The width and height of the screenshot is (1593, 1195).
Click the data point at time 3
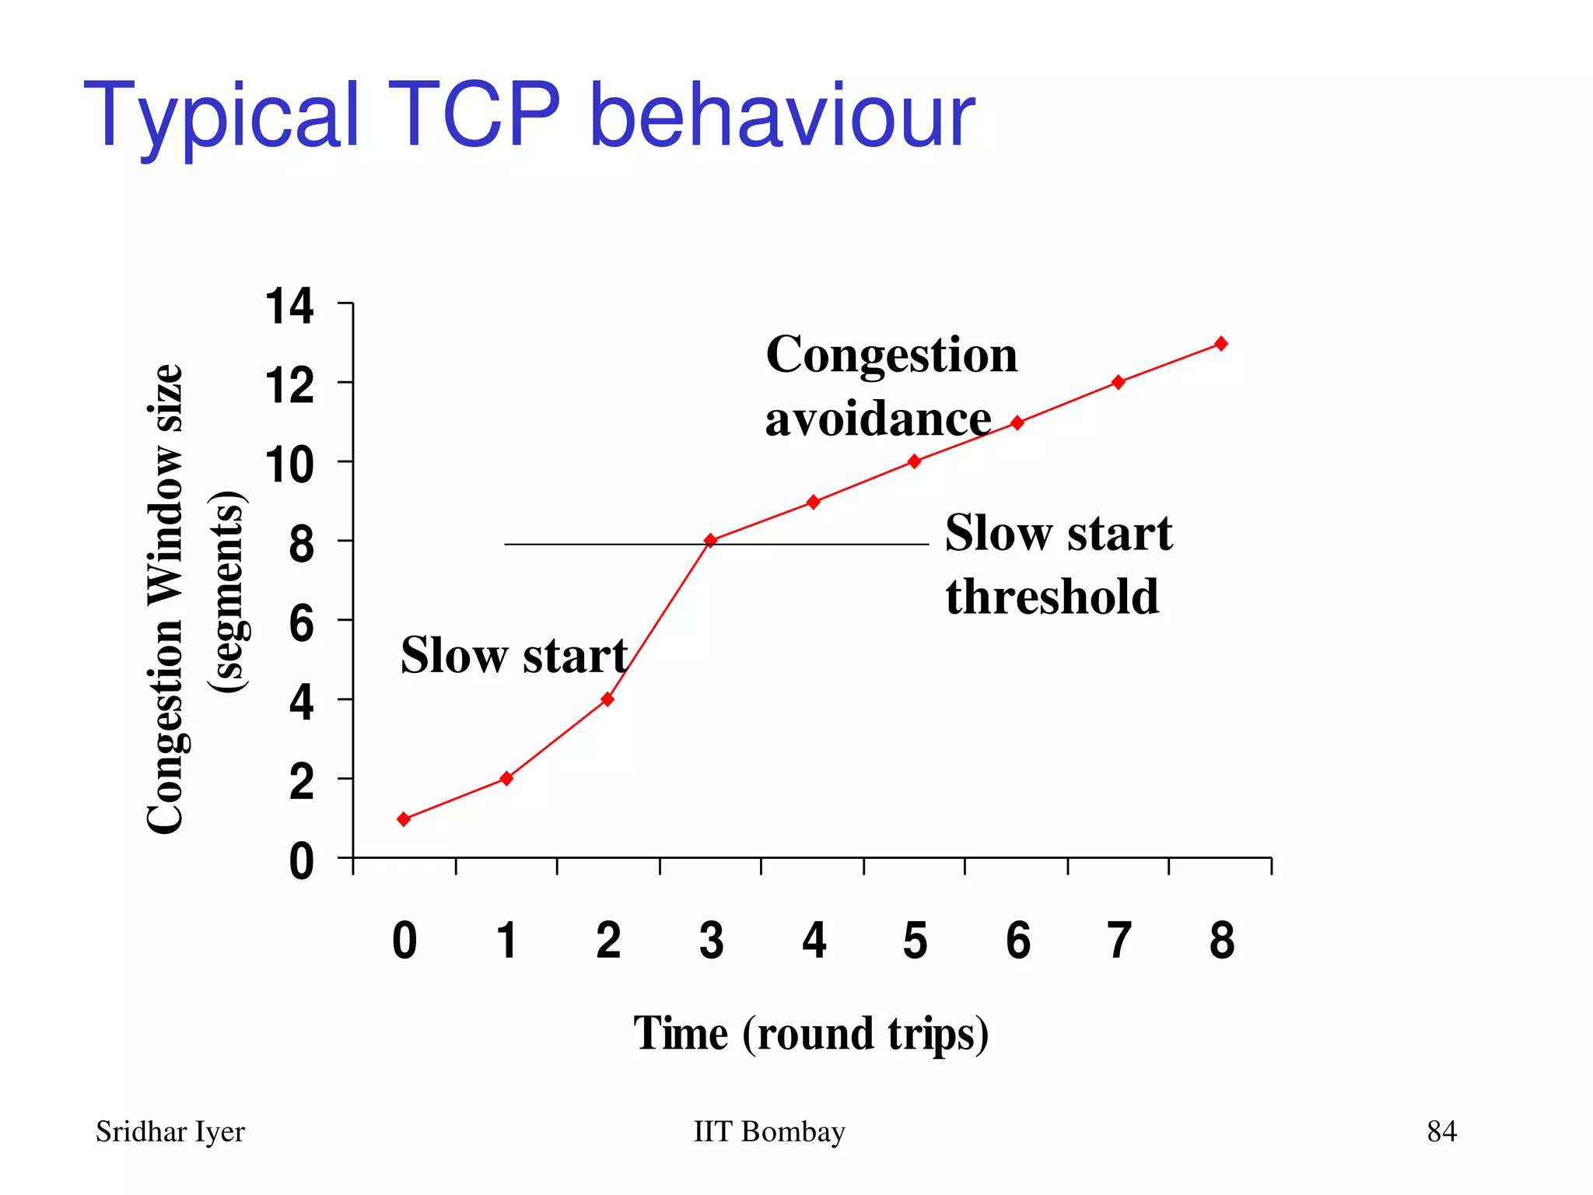(x=710, y=540)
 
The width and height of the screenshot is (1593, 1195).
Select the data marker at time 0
(x=404, y=818)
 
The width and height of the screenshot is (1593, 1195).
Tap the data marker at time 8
(x=1221, y=343)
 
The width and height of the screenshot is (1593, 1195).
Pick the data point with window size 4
(x=607, y=699)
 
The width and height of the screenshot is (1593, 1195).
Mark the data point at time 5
(x=915, y=461)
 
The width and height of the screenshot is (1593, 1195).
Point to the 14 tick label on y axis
(x=289, y=306)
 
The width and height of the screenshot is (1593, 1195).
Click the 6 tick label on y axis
(x=301, y=623)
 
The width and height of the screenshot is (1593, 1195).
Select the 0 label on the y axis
(x=301, y=862)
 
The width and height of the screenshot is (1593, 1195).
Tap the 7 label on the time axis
(x=1119, y=940)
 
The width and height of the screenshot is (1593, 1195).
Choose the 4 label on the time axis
(x=814, y=940)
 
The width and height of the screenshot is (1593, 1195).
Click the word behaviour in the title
(x=781, y=115)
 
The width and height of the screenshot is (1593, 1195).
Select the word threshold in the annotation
(x=1052, y=597)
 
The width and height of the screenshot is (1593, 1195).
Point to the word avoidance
(x=878, y=419)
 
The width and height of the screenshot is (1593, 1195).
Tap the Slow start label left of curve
(x=513, y=654)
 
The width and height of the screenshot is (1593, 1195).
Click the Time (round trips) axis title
(x=811, y=1033)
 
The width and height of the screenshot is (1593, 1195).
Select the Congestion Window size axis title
(x=165, y=599)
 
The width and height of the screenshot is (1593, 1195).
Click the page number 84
(x=1441, y=1131)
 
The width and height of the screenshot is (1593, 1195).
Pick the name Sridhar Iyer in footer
(x=170, y=1132)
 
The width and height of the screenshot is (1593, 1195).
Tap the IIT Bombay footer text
(x=768, y=1131)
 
